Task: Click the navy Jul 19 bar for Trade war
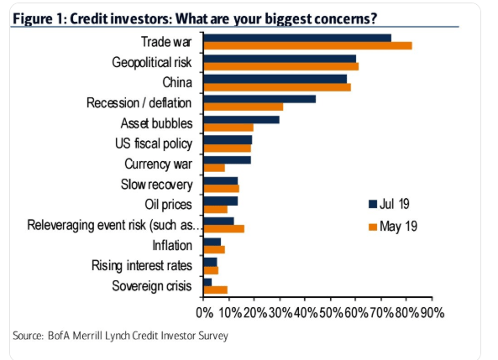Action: (297, 38)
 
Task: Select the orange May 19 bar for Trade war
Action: (307, 45)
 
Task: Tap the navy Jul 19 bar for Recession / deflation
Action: (259, 99)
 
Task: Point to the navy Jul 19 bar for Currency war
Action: (228, 159)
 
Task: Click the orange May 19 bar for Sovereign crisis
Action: (216, 290)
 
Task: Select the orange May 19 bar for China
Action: (277, 86)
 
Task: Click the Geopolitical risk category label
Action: (152, 62)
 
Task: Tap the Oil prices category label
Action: (169, 205)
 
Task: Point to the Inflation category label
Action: (172, 246)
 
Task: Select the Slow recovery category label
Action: (157, 185)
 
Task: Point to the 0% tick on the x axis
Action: (204, 313)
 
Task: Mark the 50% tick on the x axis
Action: (330, 313)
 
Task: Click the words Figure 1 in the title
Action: (43, 18)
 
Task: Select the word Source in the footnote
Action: (29, 337)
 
